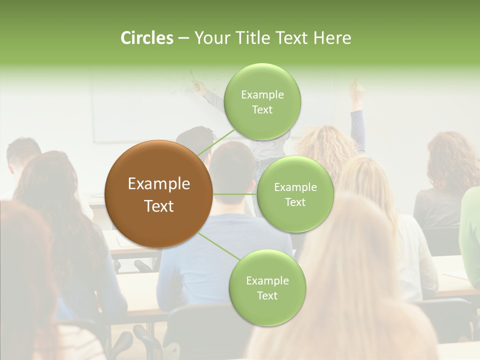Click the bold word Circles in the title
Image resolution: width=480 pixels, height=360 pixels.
point(147,38)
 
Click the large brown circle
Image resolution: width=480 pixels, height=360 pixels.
point(158,194)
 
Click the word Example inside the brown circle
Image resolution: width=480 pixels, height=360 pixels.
point(158,184)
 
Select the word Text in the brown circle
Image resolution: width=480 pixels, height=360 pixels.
point(158,206)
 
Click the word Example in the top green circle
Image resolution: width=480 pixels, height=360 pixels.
point(262,95)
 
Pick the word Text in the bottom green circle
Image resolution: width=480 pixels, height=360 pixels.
point(267,295)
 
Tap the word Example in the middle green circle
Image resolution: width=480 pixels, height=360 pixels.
point(295,187)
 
